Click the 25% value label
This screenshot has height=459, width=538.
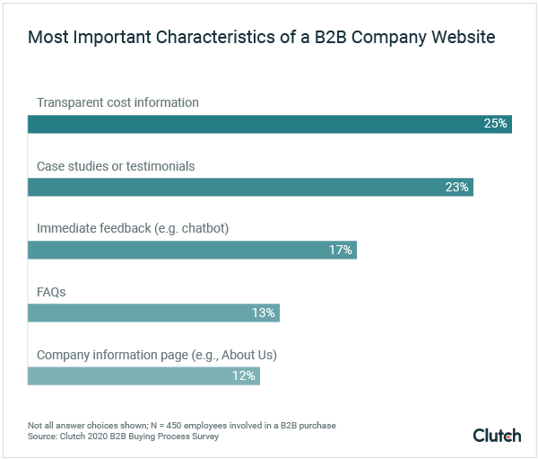tap(496, 124)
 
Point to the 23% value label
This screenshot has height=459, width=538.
tap(456, 187)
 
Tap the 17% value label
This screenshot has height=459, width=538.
tap(341, 250)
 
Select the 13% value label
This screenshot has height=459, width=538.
tap(264, 313)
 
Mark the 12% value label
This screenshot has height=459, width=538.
tap(244, 375)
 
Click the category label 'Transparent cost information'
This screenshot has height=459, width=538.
tap(117, 102)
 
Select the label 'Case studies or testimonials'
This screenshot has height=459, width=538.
tap(116, 166)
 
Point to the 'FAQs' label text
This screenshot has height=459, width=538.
tap(51, 292)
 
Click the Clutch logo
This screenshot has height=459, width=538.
tap(497, 436)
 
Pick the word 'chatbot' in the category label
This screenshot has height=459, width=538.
tap(201, 229)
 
